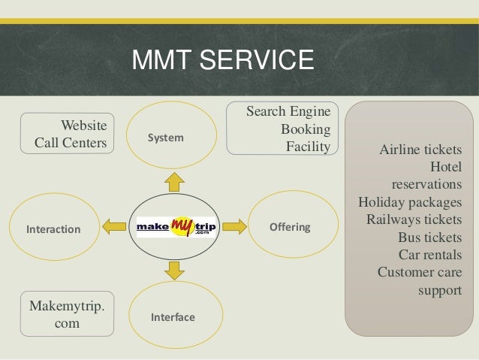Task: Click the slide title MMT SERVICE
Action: click(x=221, y=60)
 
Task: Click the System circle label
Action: click(x=165, y=138)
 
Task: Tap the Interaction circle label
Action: click(x=53, y=228)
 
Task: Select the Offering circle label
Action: click(x=290, y=227)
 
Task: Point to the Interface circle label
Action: click(x=173, y=317)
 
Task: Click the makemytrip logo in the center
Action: click(x=176, y=226)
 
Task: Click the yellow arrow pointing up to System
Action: click(x=174, y=181)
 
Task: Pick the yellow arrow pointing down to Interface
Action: click(x=174, y=270)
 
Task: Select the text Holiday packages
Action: click(x=410, y=201)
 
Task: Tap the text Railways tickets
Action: click(x=414, y=219)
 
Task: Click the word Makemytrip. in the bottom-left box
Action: click(x=67, y=307)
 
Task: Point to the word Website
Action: click(x=83, y=124)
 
